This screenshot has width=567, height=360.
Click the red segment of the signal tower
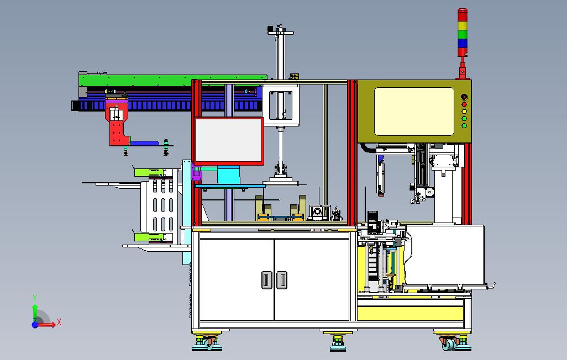[462, 15]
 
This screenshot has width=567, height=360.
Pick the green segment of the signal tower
[462, 35]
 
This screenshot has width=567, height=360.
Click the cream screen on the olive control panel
[414, 112]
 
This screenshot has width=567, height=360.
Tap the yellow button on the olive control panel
[464, 112]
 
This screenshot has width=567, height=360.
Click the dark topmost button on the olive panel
[464, 97]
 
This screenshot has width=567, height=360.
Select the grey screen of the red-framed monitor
[229, 141]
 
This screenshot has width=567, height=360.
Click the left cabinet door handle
[267, 280]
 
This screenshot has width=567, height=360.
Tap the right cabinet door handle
[282, 280]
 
